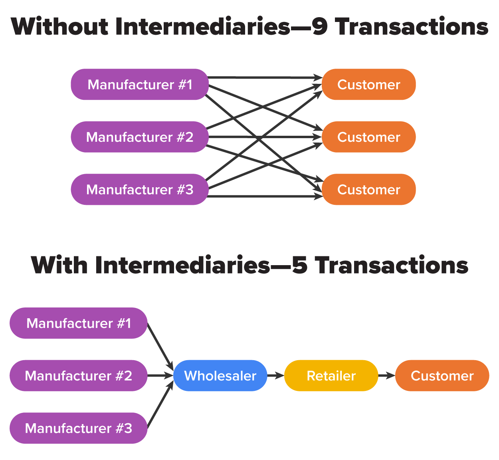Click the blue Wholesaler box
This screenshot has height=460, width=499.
220,376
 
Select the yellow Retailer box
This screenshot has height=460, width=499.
331,376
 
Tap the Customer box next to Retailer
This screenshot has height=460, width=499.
442,376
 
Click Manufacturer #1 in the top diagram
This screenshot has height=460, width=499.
140,85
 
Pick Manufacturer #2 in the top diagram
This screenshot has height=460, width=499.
140,137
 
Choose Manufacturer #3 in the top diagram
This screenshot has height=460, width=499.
140,189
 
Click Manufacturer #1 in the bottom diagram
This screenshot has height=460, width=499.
79,323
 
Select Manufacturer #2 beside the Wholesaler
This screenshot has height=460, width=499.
79,376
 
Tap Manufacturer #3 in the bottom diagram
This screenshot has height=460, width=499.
79,428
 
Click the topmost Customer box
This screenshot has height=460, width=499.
368,85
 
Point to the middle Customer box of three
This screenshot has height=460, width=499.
368,137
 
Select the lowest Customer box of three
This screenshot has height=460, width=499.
368,189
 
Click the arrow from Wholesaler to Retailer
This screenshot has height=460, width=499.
275,375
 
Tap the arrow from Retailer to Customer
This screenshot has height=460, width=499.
386,375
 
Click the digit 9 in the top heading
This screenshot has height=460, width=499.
320,27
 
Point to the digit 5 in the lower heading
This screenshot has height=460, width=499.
300,265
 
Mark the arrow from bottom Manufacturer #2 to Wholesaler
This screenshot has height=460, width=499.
160,375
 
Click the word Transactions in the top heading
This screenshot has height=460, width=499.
412,27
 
